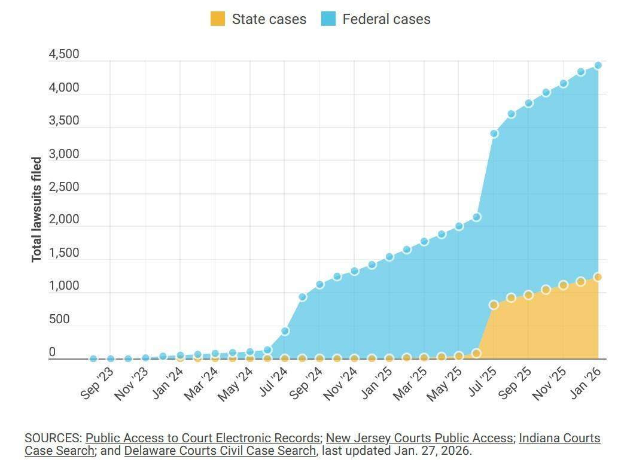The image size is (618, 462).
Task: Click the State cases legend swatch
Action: point(217,19)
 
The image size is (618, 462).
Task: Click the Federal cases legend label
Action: point(386,19)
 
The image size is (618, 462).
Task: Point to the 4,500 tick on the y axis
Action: point(64,54)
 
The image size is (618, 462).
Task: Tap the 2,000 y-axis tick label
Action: point(64,220)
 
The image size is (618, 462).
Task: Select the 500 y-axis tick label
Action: point(59,319)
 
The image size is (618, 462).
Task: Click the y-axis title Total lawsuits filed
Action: point(37,209)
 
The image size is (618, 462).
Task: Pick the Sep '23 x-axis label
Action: point(96,384)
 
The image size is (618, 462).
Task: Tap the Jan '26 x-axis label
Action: point(585,384)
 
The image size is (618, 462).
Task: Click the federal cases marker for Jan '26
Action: point(598,65)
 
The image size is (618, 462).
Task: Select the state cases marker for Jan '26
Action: point(598,277)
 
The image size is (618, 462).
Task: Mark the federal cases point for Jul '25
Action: point(494,133)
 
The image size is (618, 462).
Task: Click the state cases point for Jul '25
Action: point(494,305)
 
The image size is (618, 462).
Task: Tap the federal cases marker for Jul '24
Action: point(285,331)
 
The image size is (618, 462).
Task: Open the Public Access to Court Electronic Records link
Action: point(202,438)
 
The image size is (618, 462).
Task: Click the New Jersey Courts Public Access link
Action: point(419,438)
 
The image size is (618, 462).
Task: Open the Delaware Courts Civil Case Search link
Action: point(220,451)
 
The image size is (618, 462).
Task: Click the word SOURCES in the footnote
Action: point(53,438)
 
